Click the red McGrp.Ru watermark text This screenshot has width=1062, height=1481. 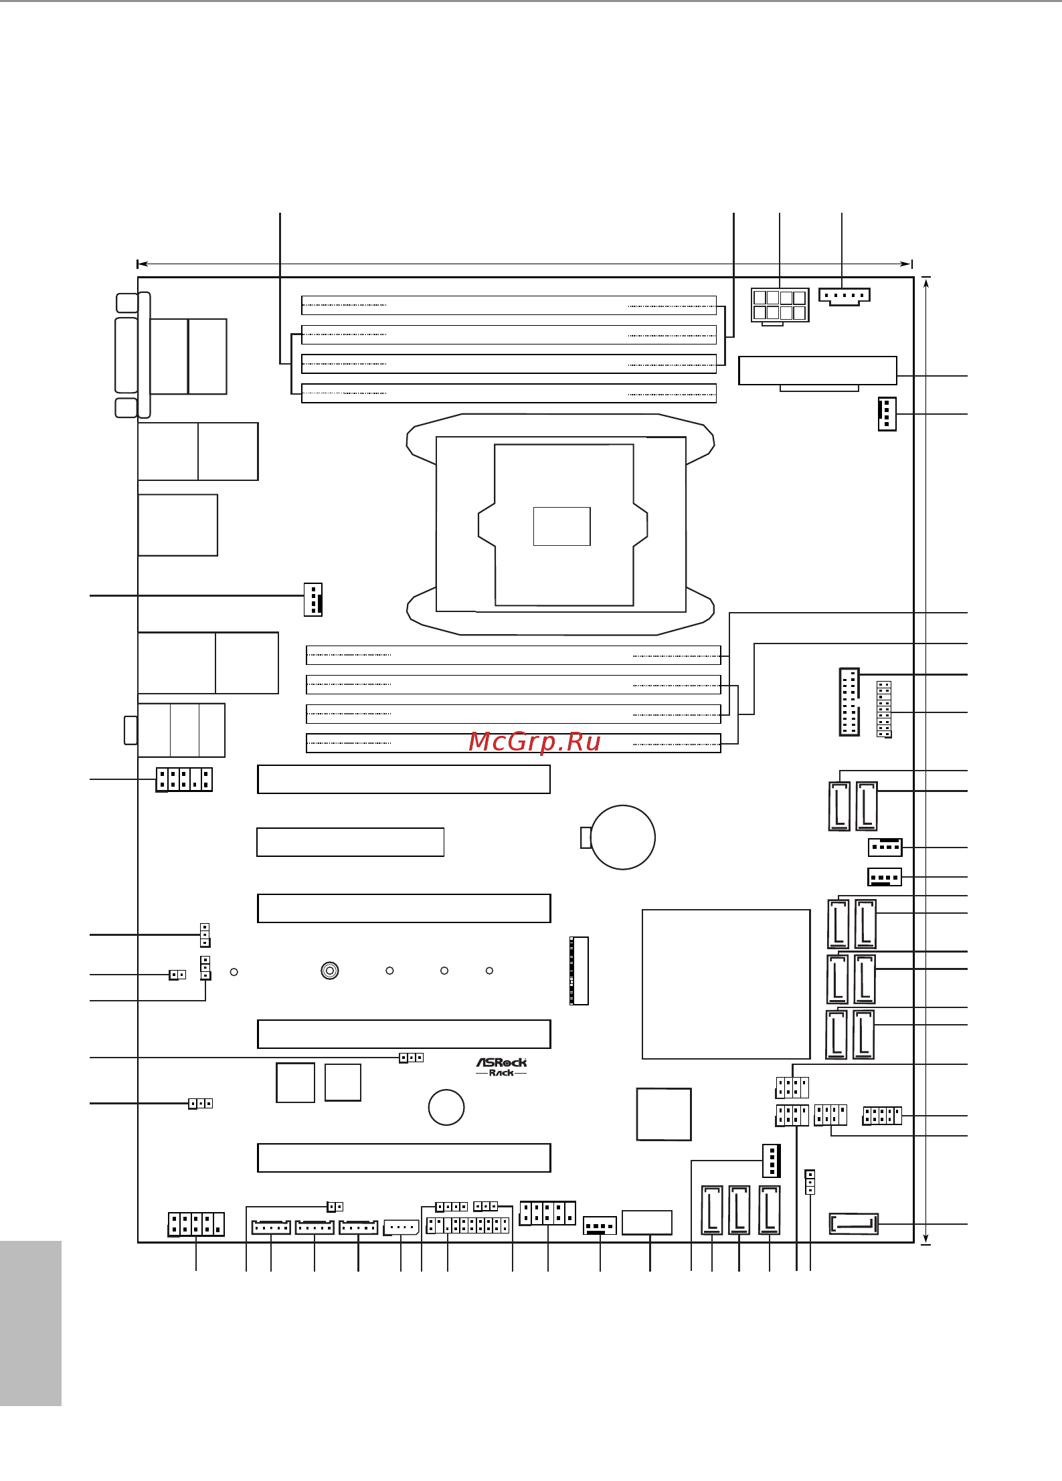pos(534,742)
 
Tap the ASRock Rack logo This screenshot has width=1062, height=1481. pos(501,1067)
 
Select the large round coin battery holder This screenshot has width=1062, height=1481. pos(623,837)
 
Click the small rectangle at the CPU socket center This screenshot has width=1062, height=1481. pos(562,526)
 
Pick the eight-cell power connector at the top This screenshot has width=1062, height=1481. pos(780,306)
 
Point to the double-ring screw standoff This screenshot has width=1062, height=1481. pos(330,971)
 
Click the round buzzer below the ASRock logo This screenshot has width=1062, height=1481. pos(446,1107)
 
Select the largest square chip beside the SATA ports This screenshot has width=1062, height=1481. pos(726,984)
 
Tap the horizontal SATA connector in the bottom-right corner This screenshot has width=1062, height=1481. pos(854,1224)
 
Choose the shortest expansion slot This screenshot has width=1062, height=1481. pos(351,842)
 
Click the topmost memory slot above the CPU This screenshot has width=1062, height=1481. pos(509,305)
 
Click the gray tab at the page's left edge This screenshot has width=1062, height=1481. pos(31,1323)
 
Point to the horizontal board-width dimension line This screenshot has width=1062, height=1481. pos(525,264)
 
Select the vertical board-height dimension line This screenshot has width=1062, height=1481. pos(926,761)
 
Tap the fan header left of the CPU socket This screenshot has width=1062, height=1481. pos(313,599)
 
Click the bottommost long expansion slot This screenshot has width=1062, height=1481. pos(404,1158)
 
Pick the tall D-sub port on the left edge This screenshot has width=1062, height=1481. pos(126,355)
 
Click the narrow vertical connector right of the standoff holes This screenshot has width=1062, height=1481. pos(579,971)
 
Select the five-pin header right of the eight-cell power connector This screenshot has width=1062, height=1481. pos(845,296)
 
